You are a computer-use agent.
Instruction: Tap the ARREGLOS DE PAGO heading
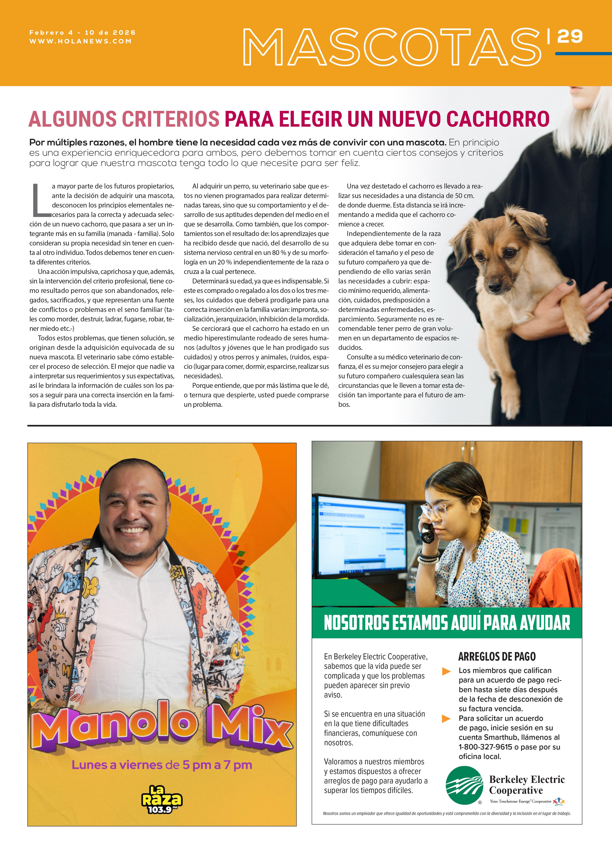[x=497, y=657]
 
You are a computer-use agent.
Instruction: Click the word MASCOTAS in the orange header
[x=392, y=47]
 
